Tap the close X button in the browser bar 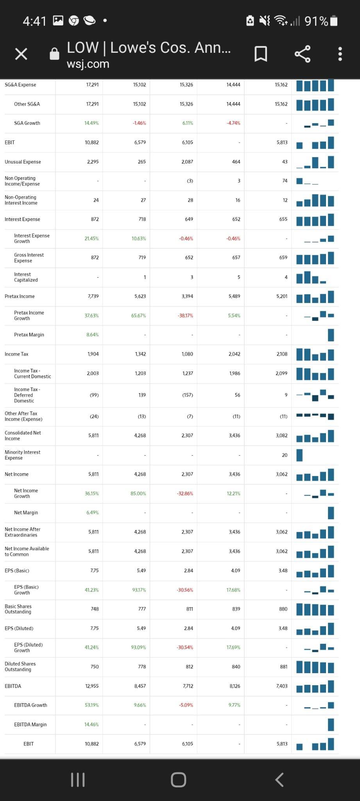tap(21, 54)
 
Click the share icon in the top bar tap(303, 54)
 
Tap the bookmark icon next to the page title tap(261, 54)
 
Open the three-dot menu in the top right tap(340, 54)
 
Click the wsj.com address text tap(88, 64)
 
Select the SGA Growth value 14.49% tap(91, 123)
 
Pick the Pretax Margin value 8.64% tap(92, 335)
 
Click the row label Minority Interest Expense tap(22, 455)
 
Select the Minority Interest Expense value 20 tap(285, 455)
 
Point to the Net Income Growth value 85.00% tap(138, 494)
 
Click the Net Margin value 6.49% tap(92, 513)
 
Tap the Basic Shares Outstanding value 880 tap(283, 609)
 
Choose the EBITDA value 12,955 tap(92, 686)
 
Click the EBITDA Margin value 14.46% tap(91, 725)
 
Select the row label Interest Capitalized tap(26, 277)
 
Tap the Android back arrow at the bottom tap(279, 779)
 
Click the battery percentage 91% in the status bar tap(316, 21)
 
